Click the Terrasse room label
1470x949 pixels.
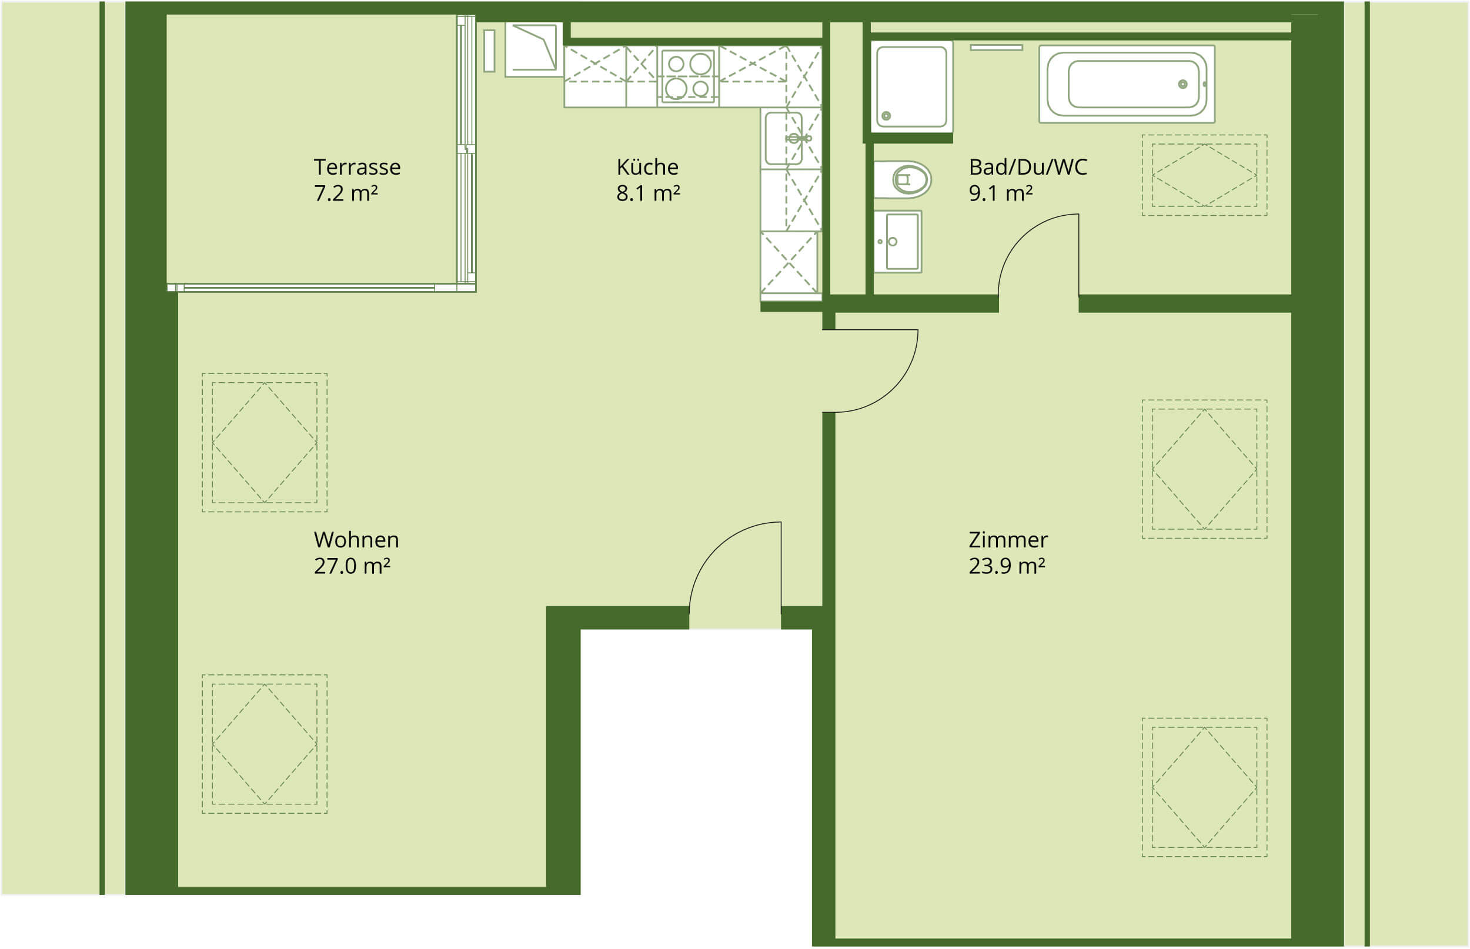point(357,167)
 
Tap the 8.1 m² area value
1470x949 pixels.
point(648,193)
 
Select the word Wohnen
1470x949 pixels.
point(356,540)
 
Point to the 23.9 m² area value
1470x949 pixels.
point(1007,566)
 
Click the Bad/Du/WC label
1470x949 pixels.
point(1028,167)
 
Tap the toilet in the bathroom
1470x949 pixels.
point(902,180)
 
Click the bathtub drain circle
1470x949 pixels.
point(1182,85)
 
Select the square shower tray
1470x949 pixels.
point(912,87)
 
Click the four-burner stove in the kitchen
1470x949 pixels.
point(687,76)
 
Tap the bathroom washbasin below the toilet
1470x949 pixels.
point(898,242)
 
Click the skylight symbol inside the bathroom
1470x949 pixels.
point(1204,175)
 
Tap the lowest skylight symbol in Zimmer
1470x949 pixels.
point(1204,787)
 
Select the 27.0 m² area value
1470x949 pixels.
point(352,566)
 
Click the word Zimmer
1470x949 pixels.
point(1008,540)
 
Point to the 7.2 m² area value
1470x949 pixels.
point(346,193)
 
